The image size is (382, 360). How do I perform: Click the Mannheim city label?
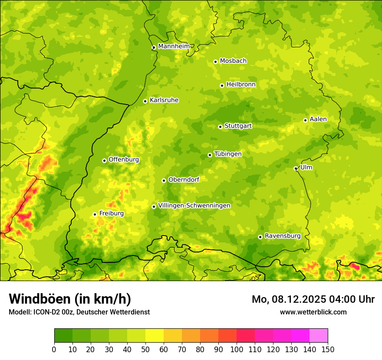coord(174,46)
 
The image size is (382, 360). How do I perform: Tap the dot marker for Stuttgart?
coord(220,127)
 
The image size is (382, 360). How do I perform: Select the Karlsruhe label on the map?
coord(164,100)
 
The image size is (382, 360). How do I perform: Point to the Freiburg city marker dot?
coord(95,214)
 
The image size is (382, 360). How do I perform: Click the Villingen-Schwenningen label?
coord(194,206)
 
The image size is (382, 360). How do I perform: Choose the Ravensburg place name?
coord(283,236)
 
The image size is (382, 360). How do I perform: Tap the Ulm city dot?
coord(296,168)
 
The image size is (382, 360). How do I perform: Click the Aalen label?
coord(318,119)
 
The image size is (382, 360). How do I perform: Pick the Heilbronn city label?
coord(241,85)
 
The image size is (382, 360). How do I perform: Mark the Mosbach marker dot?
coord(215,62)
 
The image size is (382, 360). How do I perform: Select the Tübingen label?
coord(228,154)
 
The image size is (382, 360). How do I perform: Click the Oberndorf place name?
coord(184,180)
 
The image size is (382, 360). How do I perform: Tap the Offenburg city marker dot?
coord(104,160)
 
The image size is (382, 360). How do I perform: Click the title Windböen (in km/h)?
coord(69,299)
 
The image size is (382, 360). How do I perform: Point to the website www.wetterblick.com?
coord(313,312)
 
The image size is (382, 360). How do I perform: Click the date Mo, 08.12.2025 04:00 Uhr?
coord(313,299)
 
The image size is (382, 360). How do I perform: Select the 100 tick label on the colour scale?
coord(237,350)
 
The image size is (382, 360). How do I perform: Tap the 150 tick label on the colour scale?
coord(328,350)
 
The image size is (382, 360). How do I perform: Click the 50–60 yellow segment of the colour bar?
coord(155,336)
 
